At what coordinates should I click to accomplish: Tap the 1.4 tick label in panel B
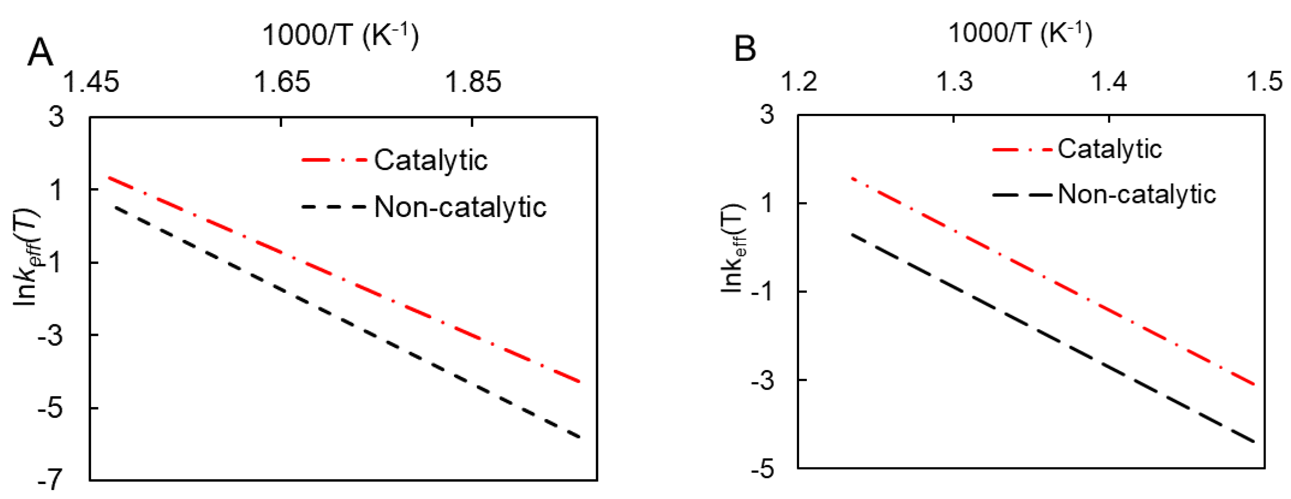(x=1109, y=81)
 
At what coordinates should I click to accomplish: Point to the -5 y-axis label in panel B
(x=762, y=469)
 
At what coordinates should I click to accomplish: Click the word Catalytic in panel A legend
(x=430, y=160)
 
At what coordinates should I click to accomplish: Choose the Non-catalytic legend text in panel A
(x=460, y=207)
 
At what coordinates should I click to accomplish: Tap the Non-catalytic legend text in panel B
(x=1137, y=194)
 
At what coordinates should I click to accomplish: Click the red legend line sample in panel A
(x=334, y=160)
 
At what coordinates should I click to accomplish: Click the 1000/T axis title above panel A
(x=340, y=35)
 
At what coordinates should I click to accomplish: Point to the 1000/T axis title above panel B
(x=1020, y=33)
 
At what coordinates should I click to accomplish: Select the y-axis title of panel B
(x=733, y=248)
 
